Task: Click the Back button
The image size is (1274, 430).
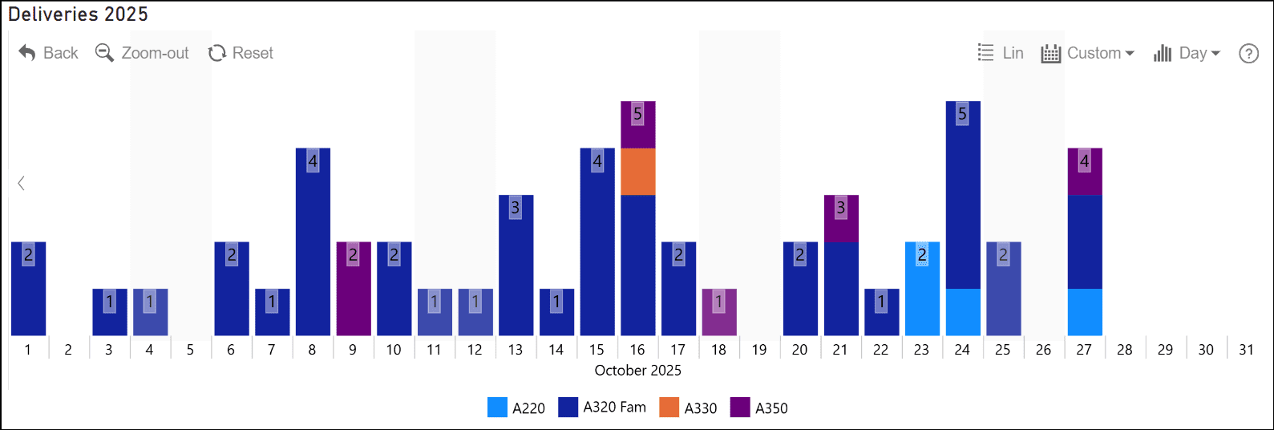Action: (48, 53)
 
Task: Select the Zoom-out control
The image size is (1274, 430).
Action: (142, 53)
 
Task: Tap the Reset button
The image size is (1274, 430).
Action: (241, 53)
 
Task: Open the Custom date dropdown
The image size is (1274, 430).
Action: (1088, 53)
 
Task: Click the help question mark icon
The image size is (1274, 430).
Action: (1248, 53)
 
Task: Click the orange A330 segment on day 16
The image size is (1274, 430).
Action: (637, 172)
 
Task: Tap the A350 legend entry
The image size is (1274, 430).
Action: (758, 408)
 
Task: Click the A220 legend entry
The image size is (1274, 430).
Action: (516, 408)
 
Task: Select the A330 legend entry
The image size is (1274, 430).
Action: (688, 408)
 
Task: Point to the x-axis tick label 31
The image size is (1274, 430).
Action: (1246, 350)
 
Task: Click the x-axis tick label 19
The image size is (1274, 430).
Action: (758, 350)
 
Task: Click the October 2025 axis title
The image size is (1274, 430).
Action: (637, 371)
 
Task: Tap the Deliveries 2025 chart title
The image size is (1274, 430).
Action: (78, 14)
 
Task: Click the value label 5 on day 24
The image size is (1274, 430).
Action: (962, 114)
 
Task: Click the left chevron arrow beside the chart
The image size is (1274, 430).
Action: (22, 183)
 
